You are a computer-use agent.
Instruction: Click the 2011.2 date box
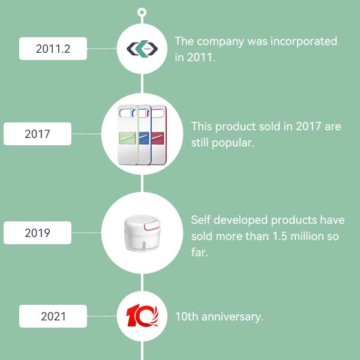point(53,49)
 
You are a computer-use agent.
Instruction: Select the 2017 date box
point(37,134)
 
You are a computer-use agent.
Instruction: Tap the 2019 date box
point(37,233)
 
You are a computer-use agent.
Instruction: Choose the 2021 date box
point(53,316)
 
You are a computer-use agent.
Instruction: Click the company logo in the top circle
point(142,49)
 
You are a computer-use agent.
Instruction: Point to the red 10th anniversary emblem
point(142,315)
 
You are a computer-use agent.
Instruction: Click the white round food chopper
point(142,233)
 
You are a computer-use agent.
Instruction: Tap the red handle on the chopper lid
point(152,224)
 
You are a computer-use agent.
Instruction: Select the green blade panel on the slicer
point(128,138)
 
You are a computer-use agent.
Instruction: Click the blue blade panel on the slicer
point(144,138)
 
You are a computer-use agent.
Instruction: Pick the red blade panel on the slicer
point(157,138)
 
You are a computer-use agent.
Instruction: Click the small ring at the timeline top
point(142,12)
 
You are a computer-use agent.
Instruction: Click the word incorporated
point(304,41)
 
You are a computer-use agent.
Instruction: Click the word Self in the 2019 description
point(200,220)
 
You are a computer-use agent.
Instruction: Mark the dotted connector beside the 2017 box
point(86,134)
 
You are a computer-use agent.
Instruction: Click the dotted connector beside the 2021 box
point(102,316)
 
